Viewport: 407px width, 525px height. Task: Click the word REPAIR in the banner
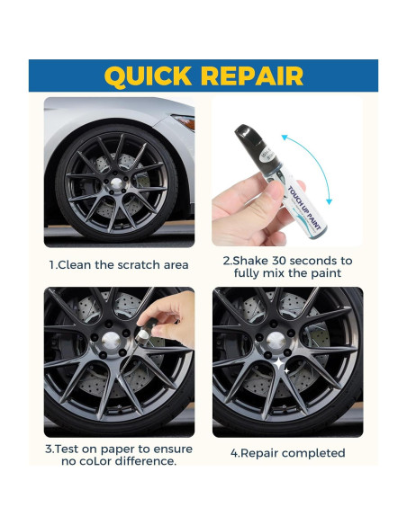click(x=255, y=76)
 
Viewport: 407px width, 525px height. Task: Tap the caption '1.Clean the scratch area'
click(x=118, y=264)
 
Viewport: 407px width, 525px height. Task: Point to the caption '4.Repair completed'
click(x=287, y=453)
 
